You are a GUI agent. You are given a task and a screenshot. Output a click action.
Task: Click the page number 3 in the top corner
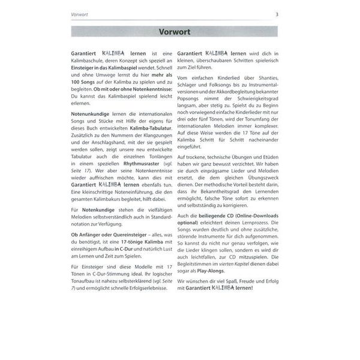coord(292,14)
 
